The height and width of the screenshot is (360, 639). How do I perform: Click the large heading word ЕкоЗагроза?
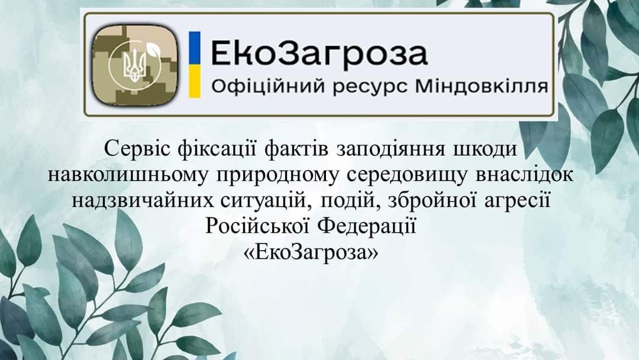pyautogui.click(x=319, y=54)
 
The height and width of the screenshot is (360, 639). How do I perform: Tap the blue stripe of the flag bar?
pyautogui.click(x=195, y=48)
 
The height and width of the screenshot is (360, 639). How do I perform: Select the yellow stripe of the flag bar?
pyautogui.click(x=195, y=82)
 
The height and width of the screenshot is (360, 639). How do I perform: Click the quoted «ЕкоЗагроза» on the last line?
pyautogui.click(x=311, y=253)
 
